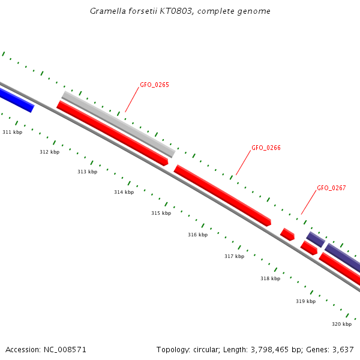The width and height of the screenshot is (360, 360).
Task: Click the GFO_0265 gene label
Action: (x=154, y=85)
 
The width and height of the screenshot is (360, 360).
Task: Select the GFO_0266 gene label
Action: (x=266, y=148)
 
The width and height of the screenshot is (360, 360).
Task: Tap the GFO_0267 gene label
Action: (x=331, y=188)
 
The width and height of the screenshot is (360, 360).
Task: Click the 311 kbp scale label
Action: (x=12, y=132)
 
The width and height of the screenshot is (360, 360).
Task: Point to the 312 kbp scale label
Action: (x=49, y=152)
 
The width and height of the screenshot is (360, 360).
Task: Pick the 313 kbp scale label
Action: (x=87, y=172)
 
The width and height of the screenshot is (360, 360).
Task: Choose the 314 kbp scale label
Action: (x=124, y=193)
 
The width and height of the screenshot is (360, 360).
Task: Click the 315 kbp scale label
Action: (x=161, y=214)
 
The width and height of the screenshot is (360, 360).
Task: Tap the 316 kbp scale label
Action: (x=197, y=235)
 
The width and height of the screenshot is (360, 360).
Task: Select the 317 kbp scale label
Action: (x=234, y=257)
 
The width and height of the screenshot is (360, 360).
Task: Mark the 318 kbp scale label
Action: (x=270, y=279)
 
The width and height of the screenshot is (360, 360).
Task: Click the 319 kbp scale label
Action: (x=305, y=302)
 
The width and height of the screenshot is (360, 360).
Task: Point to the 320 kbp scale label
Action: (x=341, y=325)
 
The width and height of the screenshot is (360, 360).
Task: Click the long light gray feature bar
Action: (x=118, y=124)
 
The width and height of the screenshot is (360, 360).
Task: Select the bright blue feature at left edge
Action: (x=16, y=100)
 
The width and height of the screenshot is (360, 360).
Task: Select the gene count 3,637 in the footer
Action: (x=343, y=350)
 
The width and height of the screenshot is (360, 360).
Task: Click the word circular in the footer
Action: (x=206, y=350)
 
